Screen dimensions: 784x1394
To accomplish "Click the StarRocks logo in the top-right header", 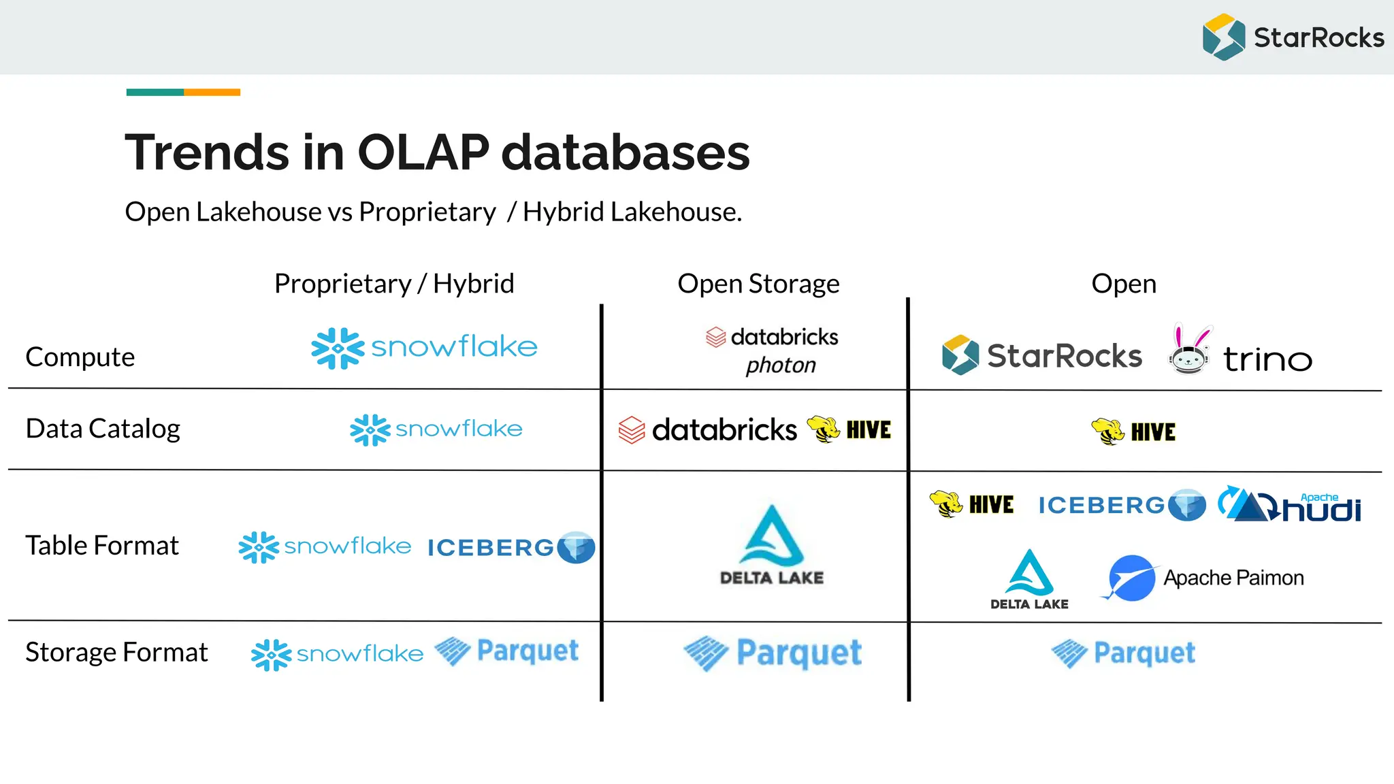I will pyautogui.click(x=1293, y=37).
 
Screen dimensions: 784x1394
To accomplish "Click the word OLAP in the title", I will pyautogui.click(x=423, y=152).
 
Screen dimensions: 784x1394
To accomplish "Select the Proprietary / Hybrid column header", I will pyautogui.click(x=394, y=283).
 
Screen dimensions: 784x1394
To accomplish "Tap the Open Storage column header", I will pyautogui.click(x=758, y=283).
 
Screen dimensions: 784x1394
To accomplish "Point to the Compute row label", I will pyautogui.click(x=80, y=357).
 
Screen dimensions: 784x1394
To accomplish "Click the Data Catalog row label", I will pyautogui.click(x=103, y=429).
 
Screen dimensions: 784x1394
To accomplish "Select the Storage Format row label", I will pyautogui.click(x=116, y=652).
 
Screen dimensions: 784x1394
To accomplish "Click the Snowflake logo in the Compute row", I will pyautogui.click(x=424, y=348).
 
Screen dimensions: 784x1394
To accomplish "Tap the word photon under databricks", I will pyautogui.click(x=780, y=365).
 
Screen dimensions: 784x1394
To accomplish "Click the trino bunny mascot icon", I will pyautogui.click(x=1189, y=350).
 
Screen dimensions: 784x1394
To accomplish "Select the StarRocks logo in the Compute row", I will pyautogui.click(x=1041, y=355).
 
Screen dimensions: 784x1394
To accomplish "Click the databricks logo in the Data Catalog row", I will pyautogui.click(x=708, y=430).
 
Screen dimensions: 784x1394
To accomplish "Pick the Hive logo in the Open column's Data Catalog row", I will pyautogui.click(x=1133, y=431).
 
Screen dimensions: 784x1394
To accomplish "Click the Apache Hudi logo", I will pyautogui.click(x=1290, y=505).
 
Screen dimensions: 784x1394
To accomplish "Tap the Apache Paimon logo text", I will pyautogui.click(x=1233, y=578).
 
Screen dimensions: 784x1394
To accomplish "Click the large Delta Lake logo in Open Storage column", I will pyautogui.click(x=772, y=544).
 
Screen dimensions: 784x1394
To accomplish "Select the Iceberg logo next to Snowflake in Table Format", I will pyautogui.click(x=510, y=547).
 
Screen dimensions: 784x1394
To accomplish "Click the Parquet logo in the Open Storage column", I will pyautogui.click(x=773, y=653).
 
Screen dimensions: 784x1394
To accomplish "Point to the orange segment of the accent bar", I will pyautogui.click(x=212, y=92).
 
